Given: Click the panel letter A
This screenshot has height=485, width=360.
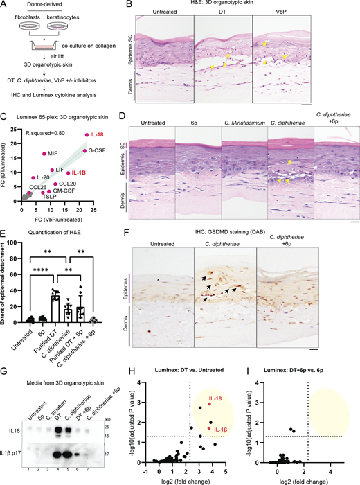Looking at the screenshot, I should [x=5, y=6].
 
